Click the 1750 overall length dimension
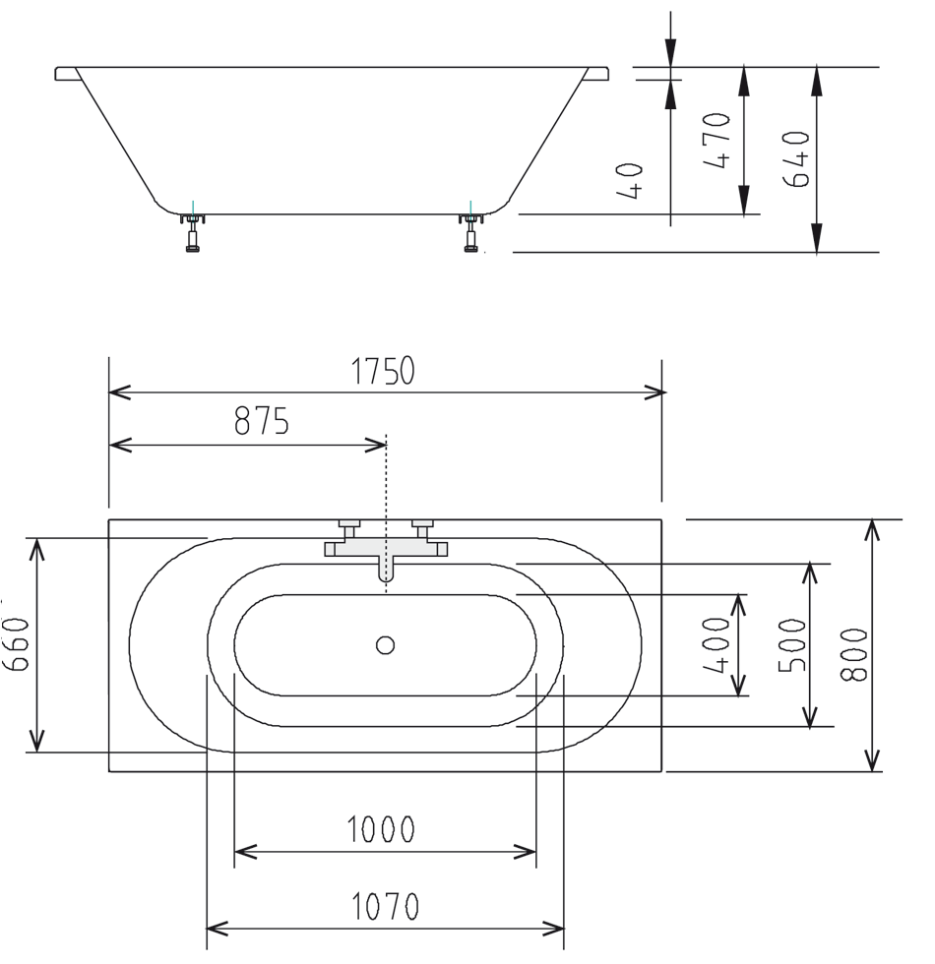click(383, 371)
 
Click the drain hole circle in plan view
click(385, 645)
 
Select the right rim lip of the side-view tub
click(597, 74)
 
